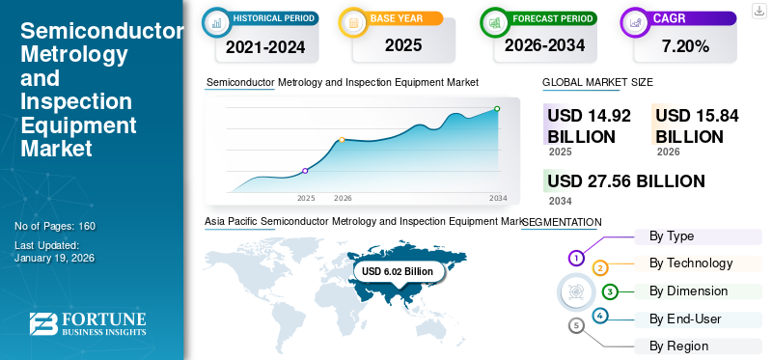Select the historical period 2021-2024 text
pos(265,45)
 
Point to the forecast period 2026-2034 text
pos(544,45)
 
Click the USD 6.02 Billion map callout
pos(398,272)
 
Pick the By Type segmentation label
pos(672,236)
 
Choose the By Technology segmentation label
pos(691,263)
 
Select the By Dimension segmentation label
pos(688,291)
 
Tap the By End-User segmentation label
pos(685,318)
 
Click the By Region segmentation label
pos(678,346)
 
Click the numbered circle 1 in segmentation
pos(576,258)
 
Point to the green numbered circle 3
pos(610,291)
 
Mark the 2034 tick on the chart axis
pos(498,198)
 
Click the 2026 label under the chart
pos(343,198)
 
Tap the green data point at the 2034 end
pos(497,109)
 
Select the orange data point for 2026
pos(343,141)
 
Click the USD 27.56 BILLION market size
pos(625,181)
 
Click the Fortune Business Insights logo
pos(88,324)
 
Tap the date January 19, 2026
pos(54,259)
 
